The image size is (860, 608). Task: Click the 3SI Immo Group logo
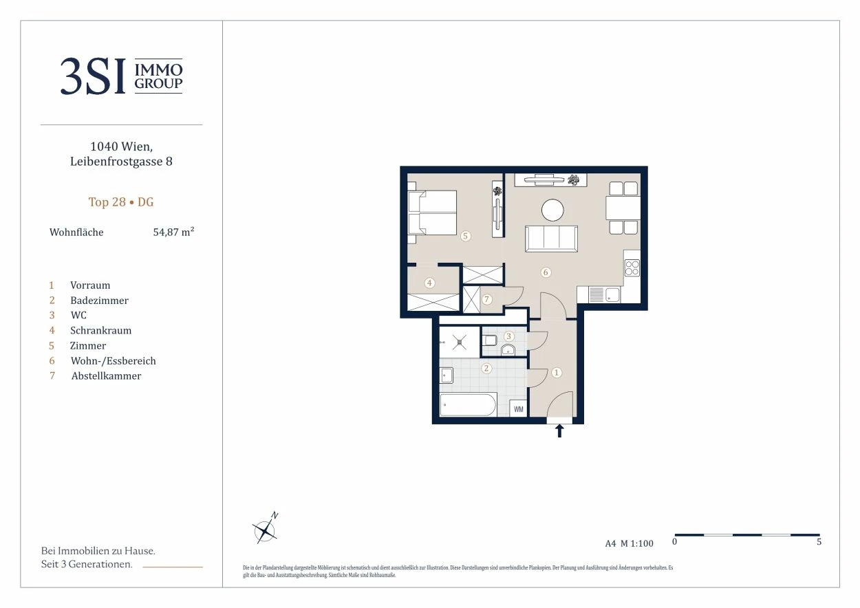point(121,76)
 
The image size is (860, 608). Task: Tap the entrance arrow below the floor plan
point(559,431)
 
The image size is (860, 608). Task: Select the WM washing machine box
point(518,409)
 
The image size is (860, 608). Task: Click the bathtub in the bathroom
point(468,404)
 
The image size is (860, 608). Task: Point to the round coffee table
point(552,210)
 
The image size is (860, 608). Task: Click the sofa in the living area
point(551,239)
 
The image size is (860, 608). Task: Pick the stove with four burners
point(632,268)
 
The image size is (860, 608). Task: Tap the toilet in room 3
point(489,340)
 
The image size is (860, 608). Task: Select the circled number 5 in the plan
point(465,236)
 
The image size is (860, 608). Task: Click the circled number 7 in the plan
point(486,299)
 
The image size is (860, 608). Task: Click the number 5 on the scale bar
point(819,541)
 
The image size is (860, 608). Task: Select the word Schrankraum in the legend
point(100,331)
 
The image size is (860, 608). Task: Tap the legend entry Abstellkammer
point(106,376)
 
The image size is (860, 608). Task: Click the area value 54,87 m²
point(173,232)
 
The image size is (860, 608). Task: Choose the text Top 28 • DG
point(121,202)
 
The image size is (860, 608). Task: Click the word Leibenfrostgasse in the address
point(116,162)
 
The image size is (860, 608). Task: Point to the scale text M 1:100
point(637,543)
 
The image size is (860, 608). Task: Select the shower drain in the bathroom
point(459,343)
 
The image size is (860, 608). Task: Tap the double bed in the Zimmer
point(432,213)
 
